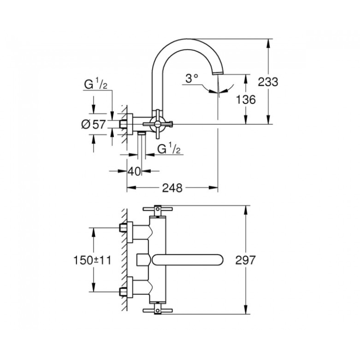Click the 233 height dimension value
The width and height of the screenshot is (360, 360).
coord(268,82)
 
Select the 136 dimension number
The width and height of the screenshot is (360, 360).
coord(246,99)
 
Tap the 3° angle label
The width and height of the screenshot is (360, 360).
coord(192,78)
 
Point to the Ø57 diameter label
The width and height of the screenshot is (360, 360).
coord(93,125)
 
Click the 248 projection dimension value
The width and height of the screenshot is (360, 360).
coord(172,188)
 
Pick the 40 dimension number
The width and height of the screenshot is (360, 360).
coord(134,171)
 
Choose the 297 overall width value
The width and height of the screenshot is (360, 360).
coord(245,260)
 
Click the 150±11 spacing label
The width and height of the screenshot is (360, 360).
coord(92,261)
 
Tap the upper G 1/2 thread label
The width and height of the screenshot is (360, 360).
coord(95,84)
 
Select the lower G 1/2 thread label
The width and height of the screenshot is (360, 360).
coord(169,149)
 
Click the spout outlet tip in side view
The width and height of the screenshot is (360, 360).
coord(217,73)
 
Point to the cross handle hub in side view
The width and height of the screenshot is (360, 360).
coord(157,124)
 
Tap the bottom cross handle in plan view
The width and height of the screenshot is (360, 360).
coord(157,310)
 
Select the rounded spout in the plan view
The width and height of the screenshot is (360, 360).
coord(187,261)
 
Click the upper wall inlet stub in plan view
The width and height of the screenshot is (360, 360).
coord(123,228)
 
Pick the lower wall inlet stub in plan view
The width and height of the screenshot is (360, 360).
coord(123,292)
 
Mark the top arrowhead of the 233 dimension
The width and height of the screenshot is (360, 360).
coord(268,43)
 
